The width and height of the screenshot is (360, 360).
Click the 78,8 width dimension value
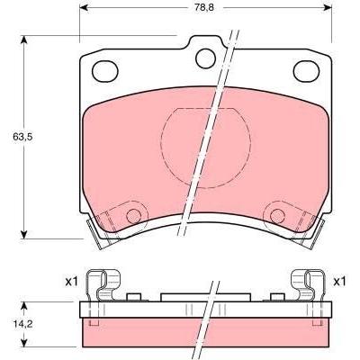tap(203, 8)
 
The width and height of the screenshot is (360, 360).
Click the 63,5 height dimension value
tap(22, 137)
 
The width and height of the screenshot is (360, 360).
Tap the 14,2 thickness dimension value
tap(22, 324)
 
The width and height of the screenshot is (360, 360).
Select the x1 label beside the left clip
tap(71, 282)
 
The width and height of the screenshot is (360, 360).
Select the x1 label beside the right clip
tap(339, 282)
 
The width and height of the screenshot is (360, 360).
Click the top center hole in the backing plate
tap(205, 58)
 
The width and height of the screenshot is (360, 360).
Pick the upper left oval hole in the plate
tap(105, 71)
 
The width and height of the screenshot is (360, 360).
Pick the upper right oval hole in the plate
tap(306, 71)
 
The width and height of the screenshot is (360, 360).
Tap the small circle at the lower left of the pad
tap(133, 216)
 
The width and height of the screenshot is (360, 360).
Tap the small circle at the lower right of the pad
tap(277, 216)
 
